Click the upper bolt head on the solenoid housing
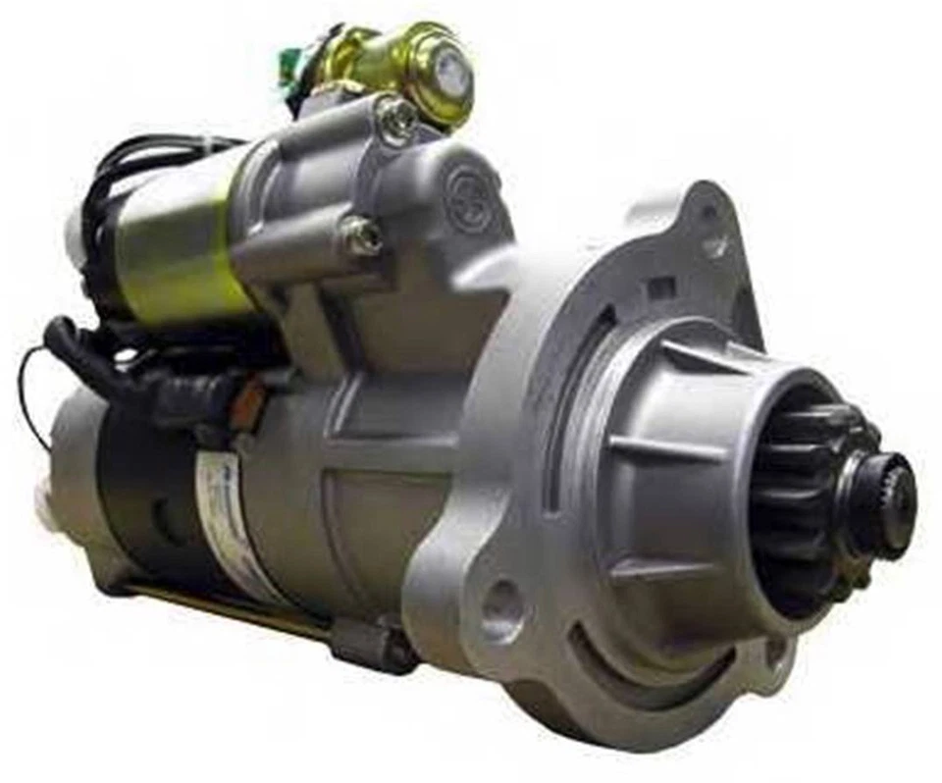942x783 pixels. (x=397, y=117)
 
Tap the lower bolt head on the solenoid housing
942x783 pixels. (x=362, y=235)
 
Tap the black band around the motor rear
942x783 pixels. (x=137, y=491)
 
